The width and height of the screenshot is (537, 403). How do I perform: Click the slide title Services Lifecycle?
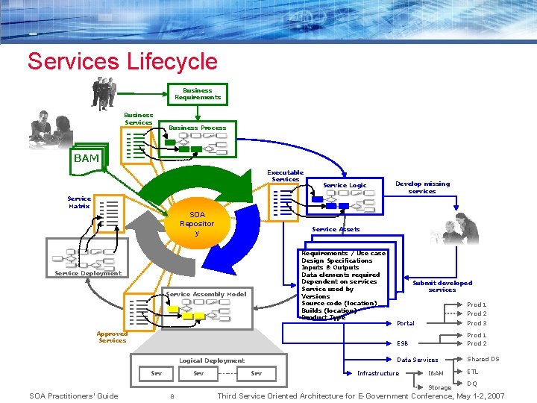pyautogui.click(x=122, y=61)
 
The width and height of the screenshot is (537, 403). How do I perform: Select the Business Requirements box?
pyautogui.click(x=198, y=94)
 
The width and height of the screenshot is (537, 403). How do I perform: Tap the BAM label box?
pyautogui.click(x=86, y=158)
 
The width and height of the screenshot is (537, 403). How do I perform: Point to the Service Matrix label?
pyautogui.click(x=79, y=202)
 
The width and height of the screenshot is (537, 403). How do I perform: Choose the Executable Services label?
pyautogui.click(x=286, y=176)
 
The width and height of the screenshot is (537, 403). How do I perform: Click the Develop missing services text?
pyautogui.click(x=422, y=187)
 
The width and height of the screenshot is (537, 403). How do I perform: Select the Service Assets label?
pyautogui.click(x=336, y=229)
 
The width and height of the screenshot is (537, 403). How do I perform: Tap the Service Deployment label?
pyautogui.click(x=88, y=273)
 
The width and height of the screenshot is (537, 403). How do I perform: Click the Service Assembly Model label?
pyautogui.click(x=206, y=294)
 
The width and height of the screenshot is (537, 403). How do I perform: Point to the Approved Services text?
pyautogui.click(x=112, y=337)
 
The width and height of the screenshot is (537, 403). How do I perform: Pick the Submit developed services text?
pyautogui.click(x=442, y=286)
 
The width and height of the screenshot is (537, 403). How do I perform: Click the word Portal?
pyautogui.click(x=406, y=324)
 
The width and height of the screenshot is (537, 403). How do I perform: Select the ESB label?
pyautogui.click(x=403, y=344)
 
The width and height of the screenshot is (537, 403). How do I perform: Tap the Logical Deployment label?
pyautogui.click(x=212, y=360)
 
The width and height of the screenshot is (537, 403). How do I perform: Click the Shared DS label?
pyautogui.click(x=483, y=359)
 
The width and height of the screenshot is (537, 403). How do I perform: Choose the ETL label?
pyautogui.click(x=473, y=372)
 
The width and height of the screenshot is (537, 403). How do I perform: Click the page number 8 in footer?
pyautogui.click(x=172, y=396)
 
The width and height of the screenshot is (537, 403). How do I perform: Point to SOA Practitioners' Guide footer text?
pyautogui.click(x=73, y=396)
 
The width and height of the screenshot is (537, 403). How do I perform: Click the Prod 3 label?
pyautogui.click(x=477, y=323)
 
